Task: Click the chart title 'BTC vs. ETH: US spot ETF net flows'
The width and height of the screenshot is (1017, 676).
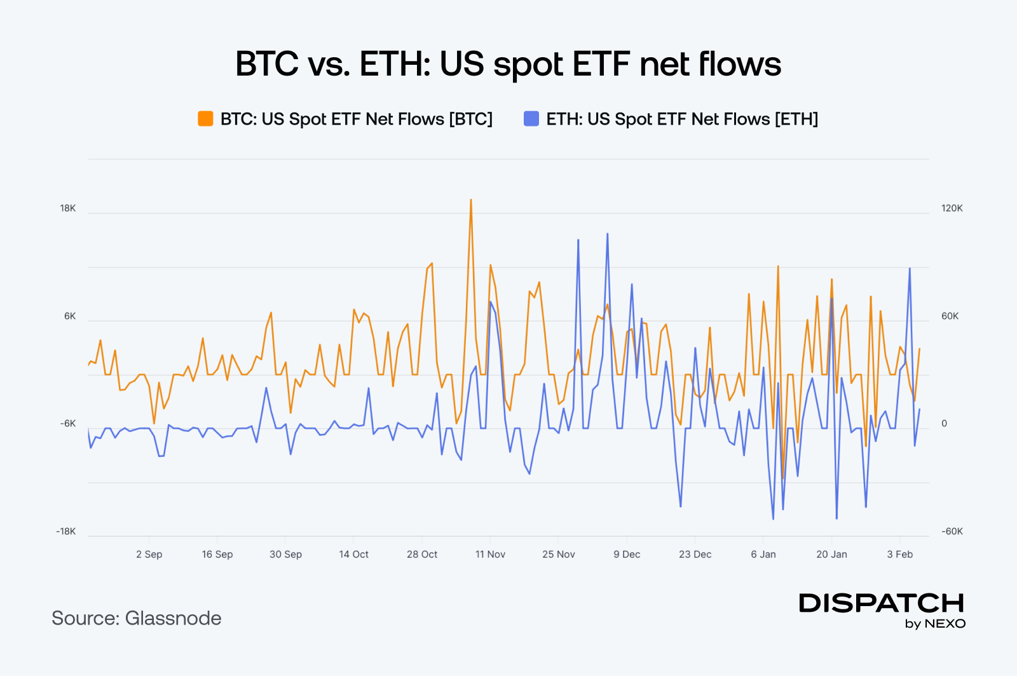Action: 508,64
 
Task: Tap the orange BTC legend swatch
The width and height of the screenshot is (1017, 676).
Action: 205,119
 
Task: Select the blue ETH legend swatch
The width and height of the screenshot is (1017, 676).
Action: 531,119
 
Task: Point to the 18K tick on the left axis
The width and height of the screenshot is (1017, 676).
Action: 67,208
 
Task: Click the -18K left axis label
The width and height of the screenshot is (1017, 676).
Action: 65,532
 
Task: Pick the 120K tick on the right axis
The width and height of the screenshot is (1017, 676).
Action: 952,208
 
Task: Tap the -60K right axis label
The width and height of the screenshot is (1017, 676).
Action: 952,532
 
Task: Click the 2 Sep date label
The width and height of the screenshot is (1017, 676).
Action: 149,555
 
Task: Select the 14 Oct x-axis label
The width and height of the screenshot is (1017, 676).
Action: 353,555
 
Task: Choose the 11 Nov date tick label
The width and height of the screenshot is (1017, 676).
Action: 490,555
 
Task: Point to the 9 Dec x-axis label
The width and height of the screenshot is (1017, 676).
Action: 627,555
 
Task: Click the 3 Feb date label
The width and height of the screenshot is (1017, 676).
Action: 899,555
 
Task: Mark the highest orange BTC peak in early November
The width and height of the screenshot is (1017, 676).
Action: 470,200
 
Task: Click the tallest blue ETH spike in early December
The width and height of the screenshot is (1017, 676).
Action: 607,234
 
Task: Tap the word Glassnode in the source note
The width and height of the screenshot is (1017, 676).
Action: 173,618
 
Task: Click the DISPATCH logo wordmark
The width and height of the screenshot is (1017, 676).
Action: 882,603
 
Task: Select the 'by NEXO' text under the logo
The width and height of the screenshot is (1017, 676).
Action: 935,624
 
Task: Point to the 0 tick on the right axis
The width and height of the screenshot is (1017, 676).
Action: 944,424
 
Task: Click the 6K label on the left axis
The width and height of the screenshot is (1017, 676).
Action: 69,316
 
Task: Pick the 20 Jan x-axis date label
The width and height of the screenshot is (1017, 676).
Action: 831,555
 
